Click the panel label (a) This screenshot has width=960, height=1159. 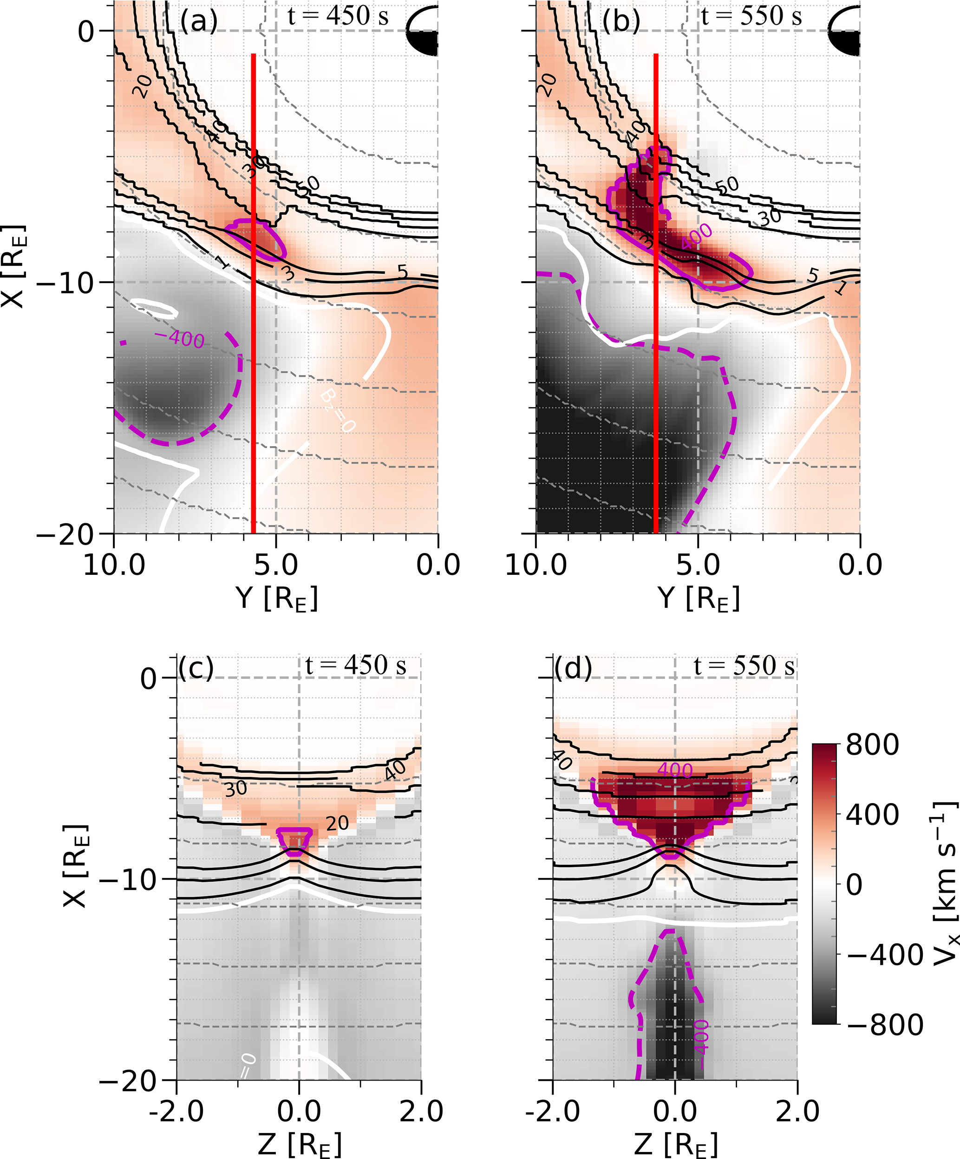pos(199,21)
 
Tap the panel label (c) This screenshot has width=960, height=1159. pos(196,668)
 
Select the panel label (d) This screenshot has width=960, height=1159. pos(573,668)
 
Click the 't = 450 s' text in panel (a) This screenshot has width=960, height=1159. pos(338,17)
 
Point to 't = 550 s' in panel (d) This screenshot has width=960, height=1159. pos(744,666)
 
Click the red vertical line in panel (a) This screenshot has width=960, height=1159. pos(253,331)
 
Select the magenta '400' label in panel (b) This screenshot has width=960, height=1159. pos(696,236)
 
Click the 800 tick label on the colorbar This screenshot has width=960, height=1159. pos(872,744)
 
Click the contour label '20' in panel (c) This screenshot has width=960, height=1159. pos(337,824)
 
